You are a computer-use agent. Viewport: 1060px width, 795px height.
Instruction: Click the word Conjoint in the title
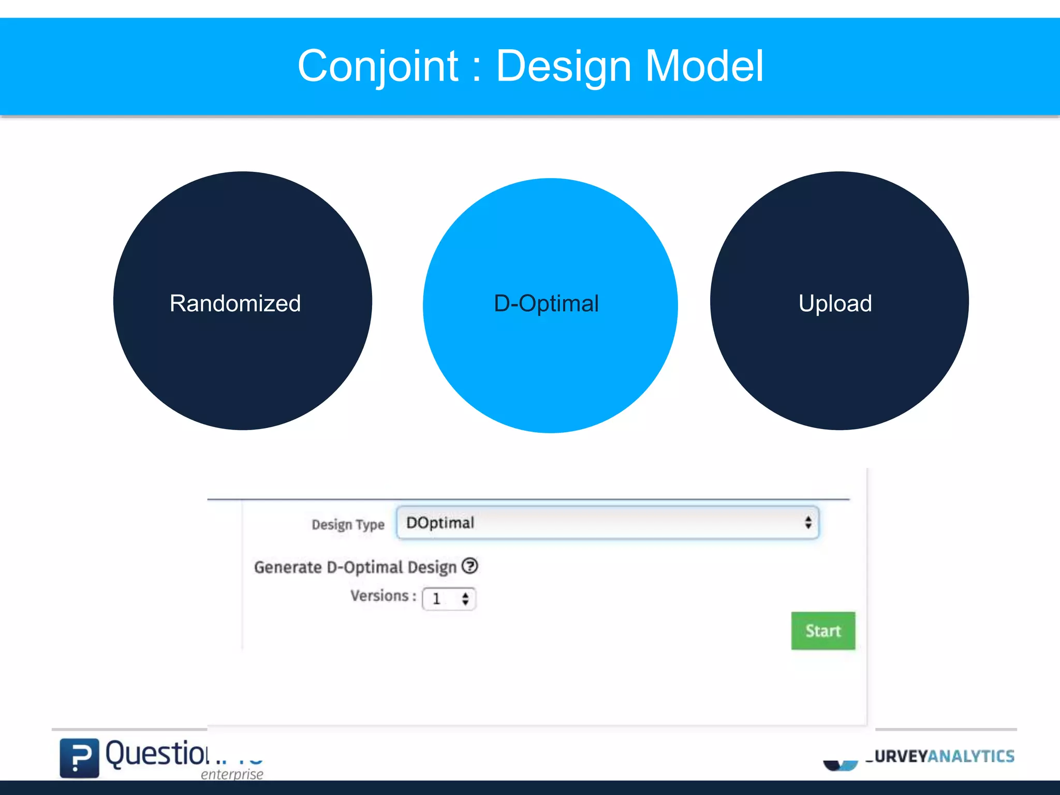tap(378, 66)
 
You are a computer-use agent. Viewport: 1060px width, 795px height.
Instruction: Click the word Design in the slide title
tap(564, 66)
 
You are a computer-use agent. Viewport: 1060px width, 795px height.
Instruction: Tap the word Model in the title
tap(704, 66)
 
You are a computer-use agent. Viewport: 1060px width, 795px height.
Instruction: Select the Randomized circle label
tap(235, 303)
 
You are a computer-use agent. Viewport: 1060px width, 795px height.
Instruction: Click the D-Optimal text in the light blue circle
tap(547, 303)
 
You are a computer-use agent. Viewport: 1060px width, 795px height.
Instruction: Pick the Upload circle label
tap(835, 303)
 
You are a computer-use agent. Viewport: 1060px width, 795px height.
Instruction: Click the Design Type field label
tap(348, 524)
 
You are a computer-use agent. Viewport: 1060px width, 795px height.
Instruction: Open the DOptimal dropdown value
tap(440, 523)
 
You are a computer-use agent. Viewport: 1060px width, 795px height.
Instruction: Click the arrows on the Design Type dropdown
tap(808, 522)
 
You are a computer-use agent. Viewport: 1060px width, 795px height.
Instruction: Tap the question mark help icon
tap(470, 566)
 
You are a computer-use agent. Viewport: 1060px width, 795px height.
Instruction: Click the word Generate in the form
tap(288, 567)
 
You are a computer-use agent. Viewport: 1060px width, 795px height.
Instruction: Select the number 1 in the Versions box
tap(436, 599)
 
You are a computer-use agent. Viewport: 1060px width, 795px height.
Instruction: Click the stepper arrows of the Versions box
tap(465, 599)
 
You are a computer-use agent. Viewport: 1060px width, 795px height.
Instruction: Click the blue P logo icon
tap(79, 758)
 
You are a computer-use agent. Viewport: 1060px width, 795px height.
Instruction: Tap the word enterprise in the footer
tap(232, 774)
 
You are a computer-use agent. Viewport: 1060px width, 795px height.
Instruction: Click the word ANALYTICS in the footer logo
tap(971, 756)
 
